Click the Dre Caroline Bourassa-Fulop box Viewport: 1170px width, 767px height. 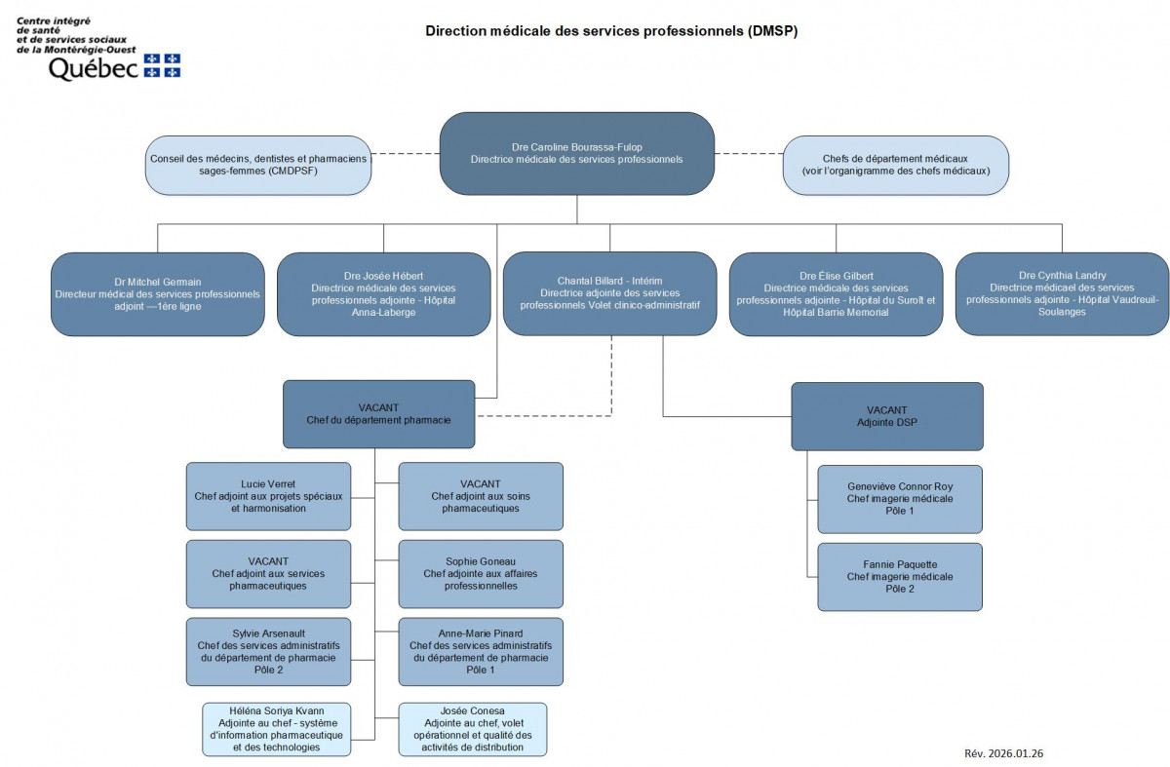[x=577, y=153]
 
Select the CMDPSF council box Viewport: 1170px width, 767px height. [x=259, y=165]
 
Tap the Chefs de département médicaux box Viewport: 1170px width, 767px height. [x=896, y=164]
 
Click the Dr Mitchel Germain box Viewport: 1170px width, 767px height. [x=158, y=293]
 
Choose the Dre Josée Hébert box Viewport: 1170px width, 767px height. [x=383, y=293]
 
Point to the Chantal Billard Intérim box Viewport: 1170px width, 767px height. [x=610, y=293]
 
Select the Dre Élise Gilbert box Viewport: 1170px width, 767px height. [x=836, y=293]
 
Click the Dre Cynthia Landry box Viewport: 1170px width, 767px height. [x=1062, y=293]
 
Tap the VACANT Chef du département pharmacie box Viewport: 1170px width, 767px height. [x=379, y=414]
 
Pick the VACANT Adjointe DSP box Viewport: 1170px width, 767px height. [x=886, y=416]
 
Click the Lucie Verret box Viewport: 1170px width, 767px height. [x=268, y=496]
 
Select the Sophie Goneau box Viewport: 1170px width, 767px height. [x=481, y=574]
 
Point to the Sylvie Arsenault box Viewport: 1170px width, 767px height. [x=268, y=651]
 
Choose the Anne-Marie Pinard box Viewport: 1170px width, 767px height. [x=481, y=651]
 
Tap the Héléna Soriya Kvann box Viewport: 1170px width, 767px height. [x=276, y=729]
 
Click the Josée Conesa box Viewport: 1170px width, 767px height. [x=473, y=729]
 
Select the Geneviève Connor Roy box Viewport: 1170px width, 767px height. [x=900, y=499]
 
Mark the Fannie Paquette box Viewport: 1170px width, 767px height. [x=900, y=577]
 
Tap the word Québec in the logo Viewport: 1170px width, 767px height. [x=93, y=68]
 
